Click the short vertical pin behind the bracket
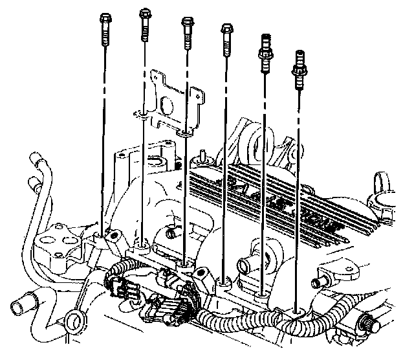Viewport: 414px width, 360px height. click(203, 155)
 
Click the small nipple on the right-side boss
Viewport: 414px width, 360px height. click(318, 282)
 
